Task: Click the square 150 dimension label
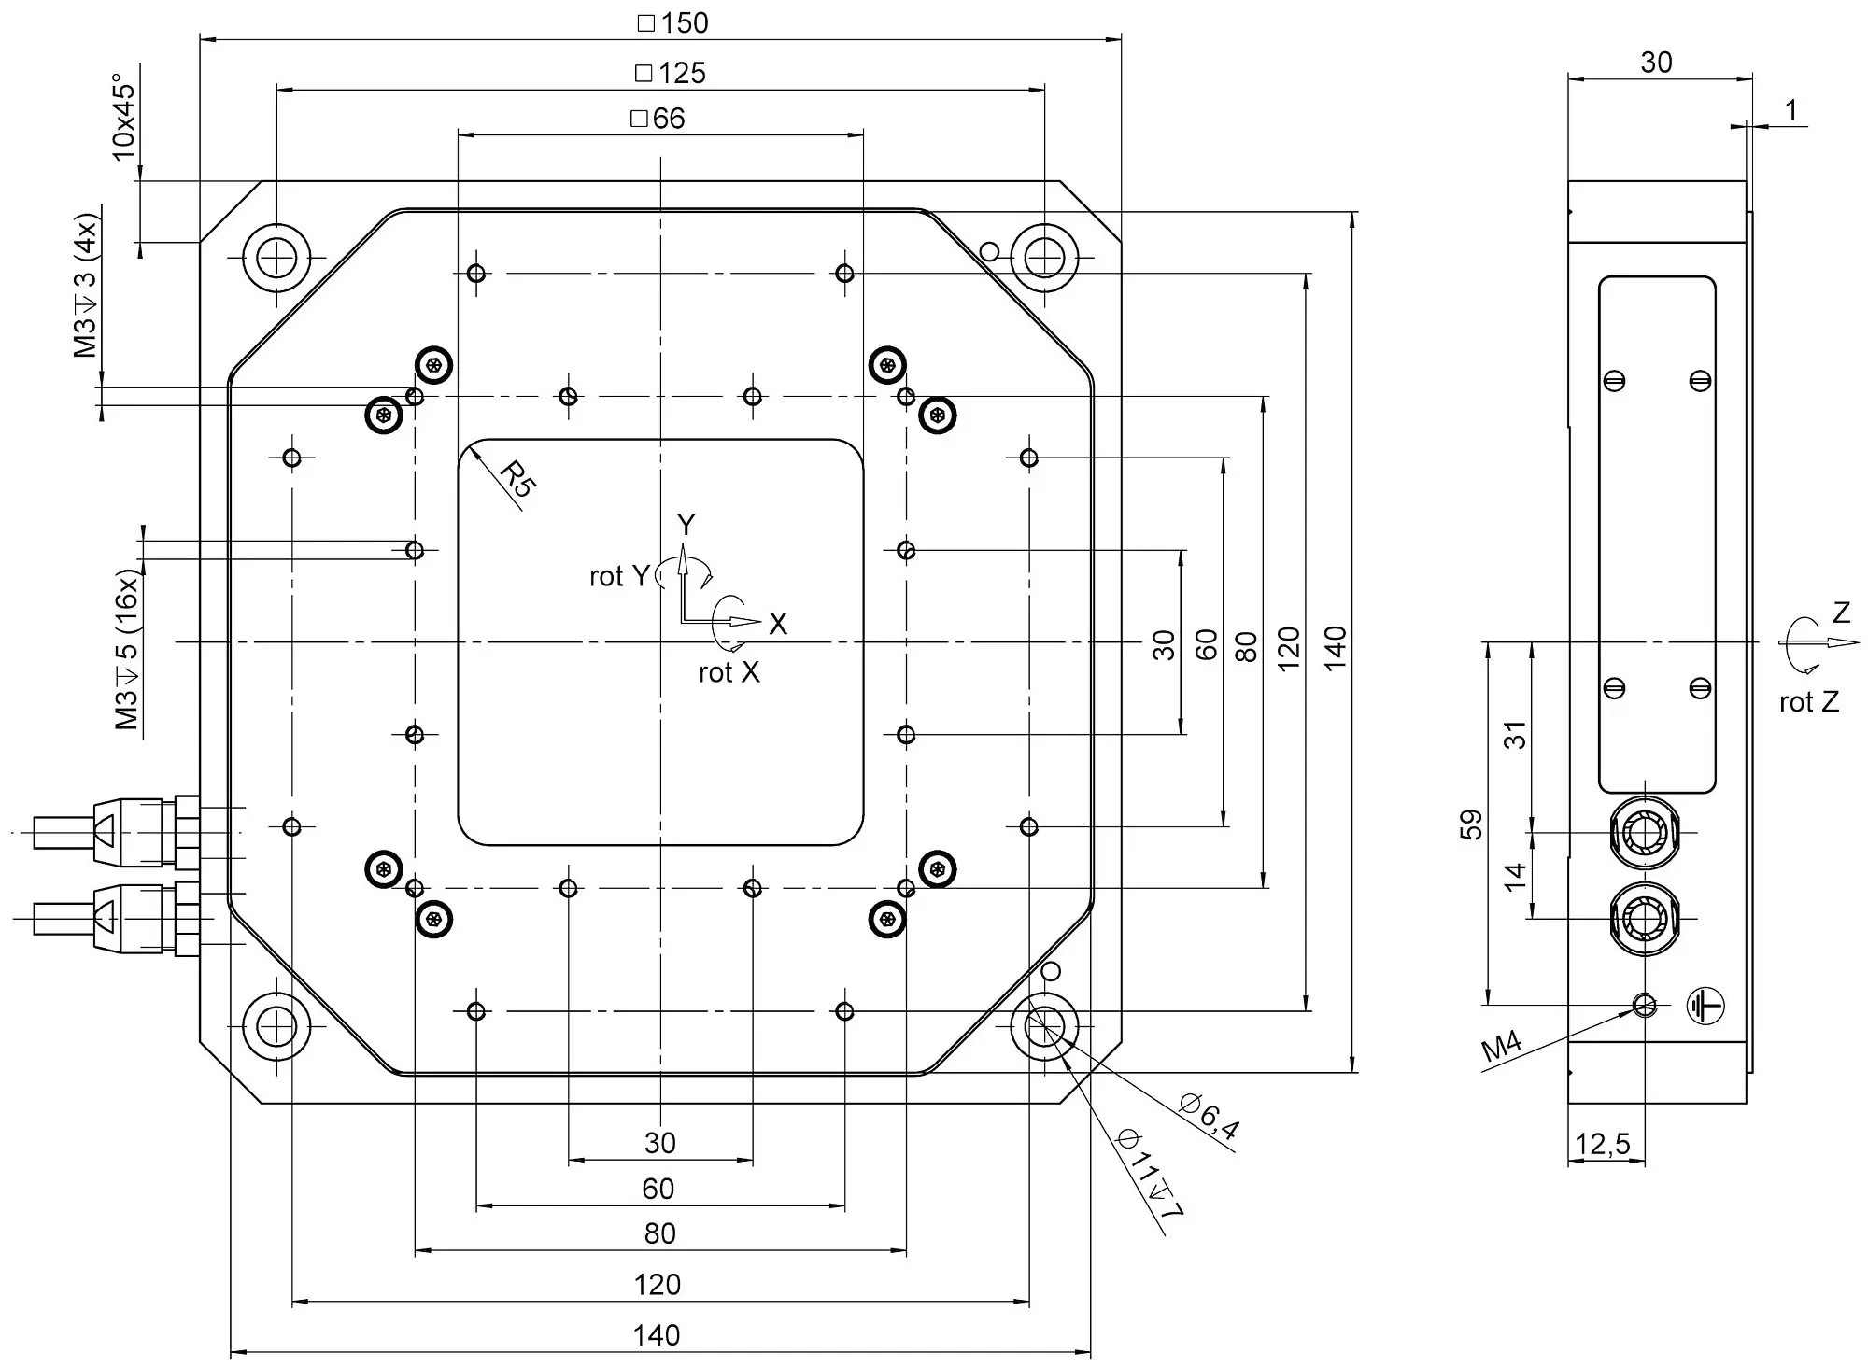tap(673, 23)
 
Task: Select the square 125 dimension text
tap(671, 73)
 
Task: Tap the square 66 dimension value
tap(658, 119)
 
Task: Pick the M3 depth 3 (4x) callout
tap(86, 286)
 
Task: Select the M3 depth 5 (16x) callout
tap(126, 650)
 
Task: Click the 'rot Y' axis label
tap(618, 576)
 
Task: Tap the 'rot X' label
tap(729, 672)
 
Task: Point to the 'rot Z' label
tap(1809, 702)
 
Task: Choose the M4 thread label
tap(1502, 1047)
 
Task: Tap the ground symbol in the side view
tap(1705, 1006)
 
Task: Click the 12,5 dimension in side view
tap(1603, 1144)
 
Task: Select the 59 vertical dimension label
tap(1471, 824)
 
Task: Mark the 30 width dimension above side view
tap(1656, 63)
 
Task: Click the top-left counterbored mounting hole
tap(276, 257)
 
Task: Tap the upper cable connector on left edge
tap(117, 831)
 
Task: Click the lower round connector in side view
tap(1644, 919)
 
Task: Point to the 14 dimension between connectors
tap(1515, 876)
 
